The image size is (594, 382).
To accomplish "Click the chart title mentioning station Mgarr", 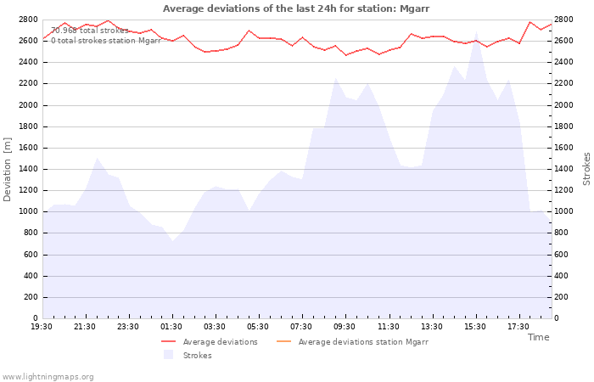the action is click(296, 8).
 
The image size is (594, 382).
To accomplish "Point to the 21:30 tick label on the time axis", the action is click(85, 327).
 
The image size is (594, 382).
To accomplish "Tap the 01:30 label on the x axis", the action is click(171, 327).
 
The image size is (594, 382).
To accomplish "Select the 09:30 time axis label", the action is click(345, 327).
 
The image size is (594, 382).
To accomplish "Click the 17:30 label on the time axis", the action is click(518, 327).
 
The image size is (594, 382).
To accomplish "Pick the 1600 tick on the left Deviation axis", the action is click(28, 148).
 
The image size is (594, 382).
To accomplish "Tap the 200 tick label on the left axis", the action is click(31, 297).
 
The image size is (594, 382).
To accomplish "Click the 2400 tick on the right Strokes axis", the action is click(563, 62).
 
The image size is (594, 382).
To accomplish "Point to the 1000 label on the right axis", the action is click(563, 211).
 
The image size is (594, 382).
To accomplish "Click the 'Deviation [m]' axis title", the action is click(7, 169).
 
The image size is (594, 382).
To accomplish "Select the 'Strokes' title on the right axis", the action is click(586, 169).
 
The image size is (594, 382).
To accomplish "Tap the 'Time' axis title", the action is click(538, 337).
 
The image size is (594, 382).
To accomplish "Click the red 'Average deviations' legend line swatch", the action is click(169, 341).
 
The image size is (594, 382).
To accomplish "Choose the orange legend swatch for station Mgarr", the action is click(283, 341).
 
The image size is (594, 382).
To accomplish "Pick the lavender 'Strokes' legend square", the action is click(169, 355).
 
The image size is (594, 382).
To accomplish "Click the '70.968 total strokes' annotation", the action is click(90, 31).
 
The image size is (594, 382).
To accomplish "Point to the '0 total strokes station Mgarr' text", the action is click(106, 41).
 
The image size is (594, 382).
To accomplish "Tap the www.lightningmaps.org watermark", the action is click(48, 377).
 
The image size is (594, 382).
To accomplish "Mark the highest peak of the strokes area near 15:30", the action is click(476, 32).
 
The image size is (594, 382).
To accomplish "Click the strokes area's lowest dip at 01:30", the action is click(173, 241).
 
